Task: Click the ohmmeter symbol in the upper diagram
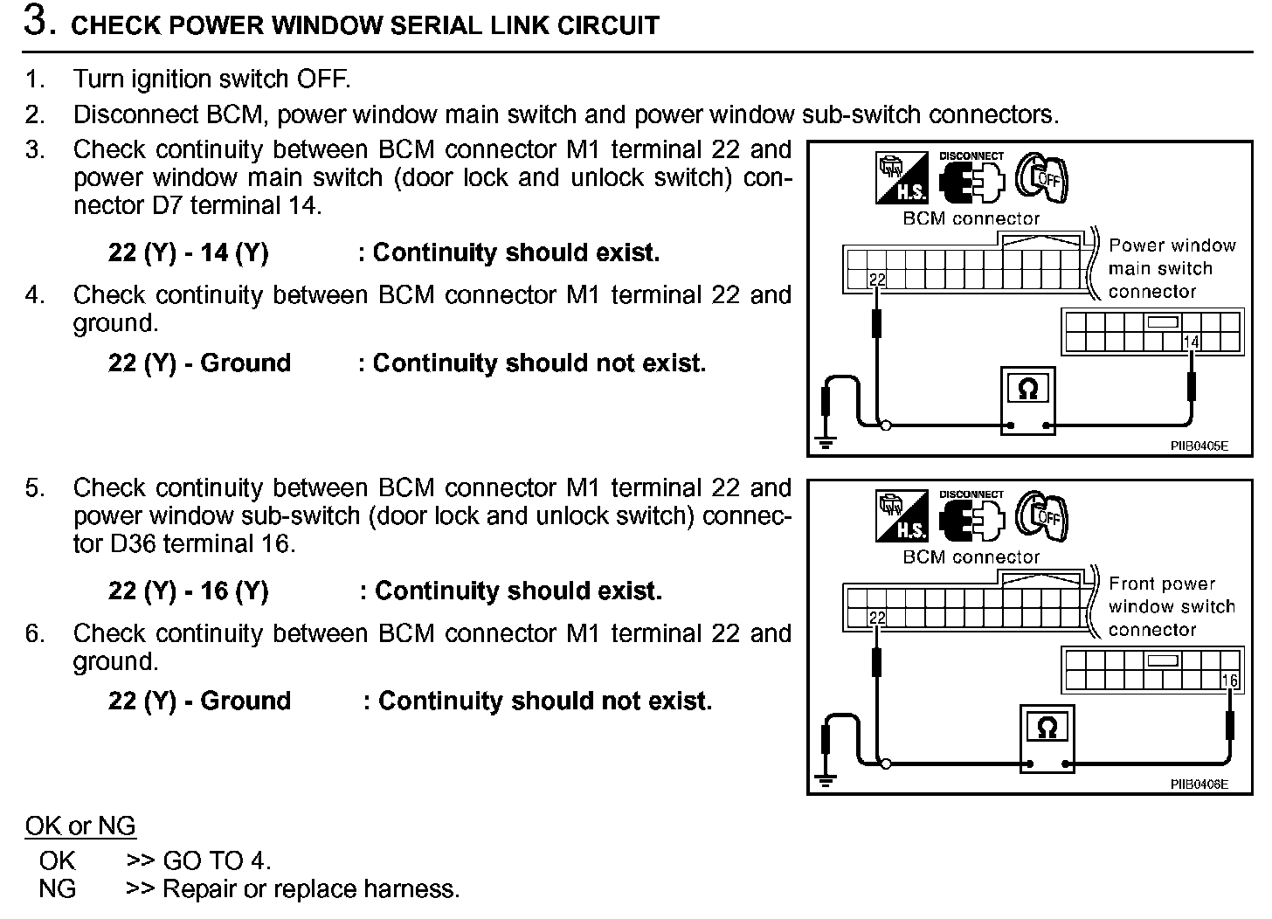point(1028,389)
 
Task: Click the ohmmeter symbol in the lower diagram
point(1047,727)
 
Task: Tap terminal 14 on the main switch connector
point(1191,342)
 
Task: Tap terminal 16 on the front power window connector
point(1229,681)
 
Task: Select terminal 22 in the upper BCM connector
point(877,280)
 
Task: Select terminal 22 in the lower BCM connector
point(877,618)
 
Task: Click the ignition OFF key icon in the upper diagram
point(1041,180)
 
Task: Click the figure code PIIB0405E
point(1199,446)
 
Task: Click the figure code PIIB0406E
point(1199,784)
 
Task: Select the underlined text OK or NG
point(80,826)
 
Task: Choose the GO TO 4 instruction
point(199,860)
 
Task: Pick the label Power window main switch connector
point(1171,268)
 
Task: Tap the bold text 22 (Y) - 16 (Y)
point(188,591)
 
